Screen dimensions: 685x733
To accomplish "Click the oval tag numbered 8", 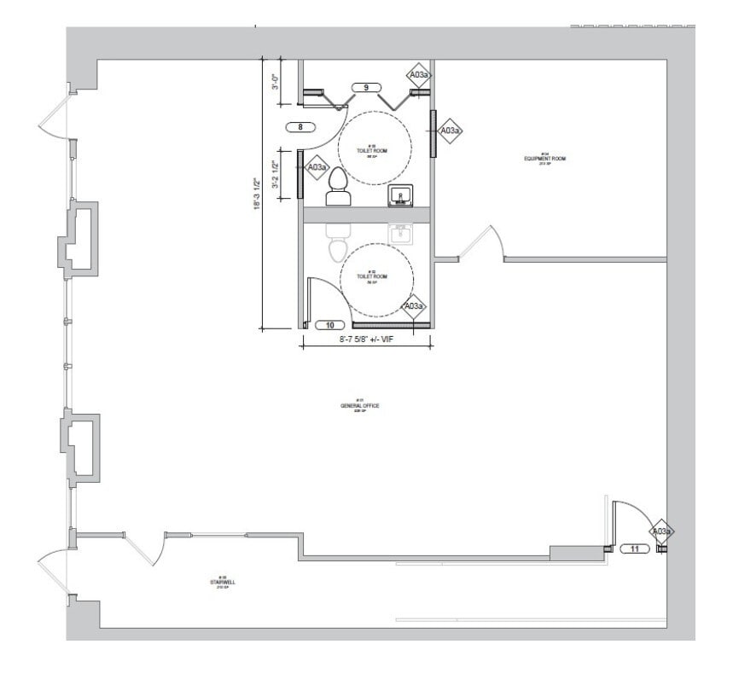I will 300,127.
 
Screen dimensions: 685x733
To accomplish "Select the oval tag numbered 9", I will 365,88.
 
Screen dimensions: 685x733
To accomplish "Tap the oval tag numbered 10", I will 329,325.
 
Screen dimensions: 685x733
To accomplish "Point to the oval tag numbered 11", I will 634,549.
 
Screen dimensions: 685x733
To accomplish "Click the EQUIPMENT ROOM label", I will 545,160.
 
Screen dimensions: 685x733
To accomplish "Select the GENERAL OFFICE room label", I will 359,407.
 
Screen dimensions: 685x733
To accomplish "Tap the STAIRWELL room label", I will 222,583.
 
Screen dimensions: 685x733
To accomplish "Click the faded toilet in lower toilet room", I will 338,243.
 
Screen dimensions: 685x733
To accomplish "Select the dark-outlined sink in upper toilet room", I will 401,196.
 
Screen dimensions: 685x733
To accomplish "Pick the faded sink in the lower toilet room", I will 401,233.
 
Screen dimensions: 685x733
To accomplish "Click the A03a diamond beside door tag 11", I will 661,531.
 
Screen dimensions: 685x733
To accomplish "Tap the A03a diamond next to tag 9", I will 418,75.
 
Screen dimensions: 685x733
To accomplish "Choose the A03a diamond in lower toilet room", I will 414,305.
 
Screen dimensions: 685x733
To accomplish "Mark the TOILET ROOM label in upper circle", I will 372,151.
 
